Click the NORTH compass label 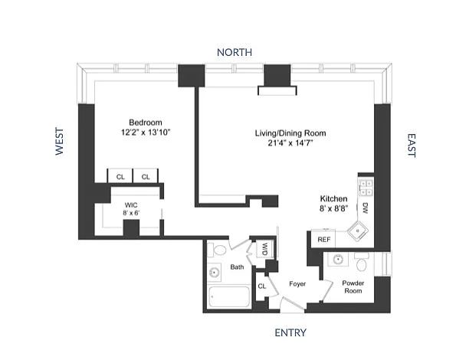(235, 52)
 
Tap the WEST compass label (60, 142)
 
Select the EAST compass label (412, 146)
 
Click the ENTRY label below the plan (290, 332)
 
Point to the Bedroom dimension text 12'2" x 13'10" (146, 133)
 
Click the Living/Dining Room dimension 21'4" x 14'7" (290, 143)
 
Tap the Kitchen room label (333, 199)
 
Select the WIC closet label (131, 205)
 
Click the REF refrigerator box (323, 239)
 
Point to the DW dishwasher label (365, 208)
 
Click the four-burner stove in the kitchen (366, 188)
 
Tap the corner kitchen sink (357, 231)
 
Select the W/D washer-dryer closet (265, 249)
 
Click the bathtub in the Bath (229, 297)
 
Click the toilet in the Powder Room (362, 262)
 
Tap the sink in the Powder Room (338, 260)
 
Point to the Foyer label (297, 283)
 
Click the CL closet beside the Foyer (262, 286)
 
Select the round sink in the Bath (215, 273)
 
